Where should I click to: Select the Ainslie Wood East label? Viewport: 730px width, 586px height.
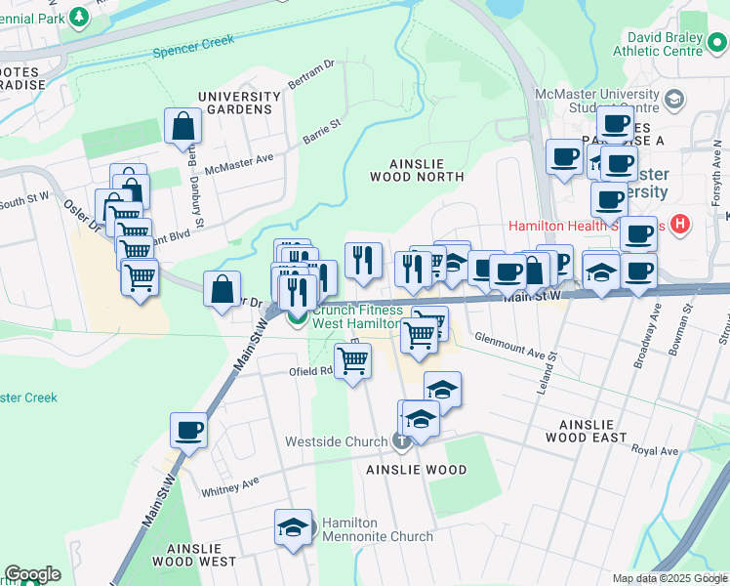599,432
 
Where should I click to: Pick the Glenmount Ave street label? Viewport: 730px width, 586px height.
507,343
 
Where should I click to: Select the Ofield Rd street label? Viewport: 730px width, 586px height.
310,371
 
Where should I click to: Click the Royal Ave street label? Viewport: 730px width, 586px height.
654,451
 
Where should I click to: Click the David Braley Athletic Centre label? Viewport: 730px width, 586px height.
660,44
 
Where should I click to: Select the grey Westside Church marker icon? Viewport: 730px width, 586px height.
401,441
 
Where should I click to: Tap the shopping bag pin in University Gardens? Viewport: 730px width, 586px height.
182,126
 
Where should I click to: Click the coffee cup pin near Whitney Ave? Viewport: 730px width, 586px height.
188,429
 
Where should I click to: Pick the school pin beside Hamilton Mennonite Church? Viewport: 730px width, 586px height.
293,527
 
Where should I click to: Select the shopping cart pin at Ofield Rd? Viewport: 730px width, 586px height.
353,360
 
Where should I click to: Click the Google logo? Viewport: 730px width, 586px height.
32,574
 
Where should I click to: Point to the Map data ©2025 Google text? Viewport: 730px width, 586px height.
669,578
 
